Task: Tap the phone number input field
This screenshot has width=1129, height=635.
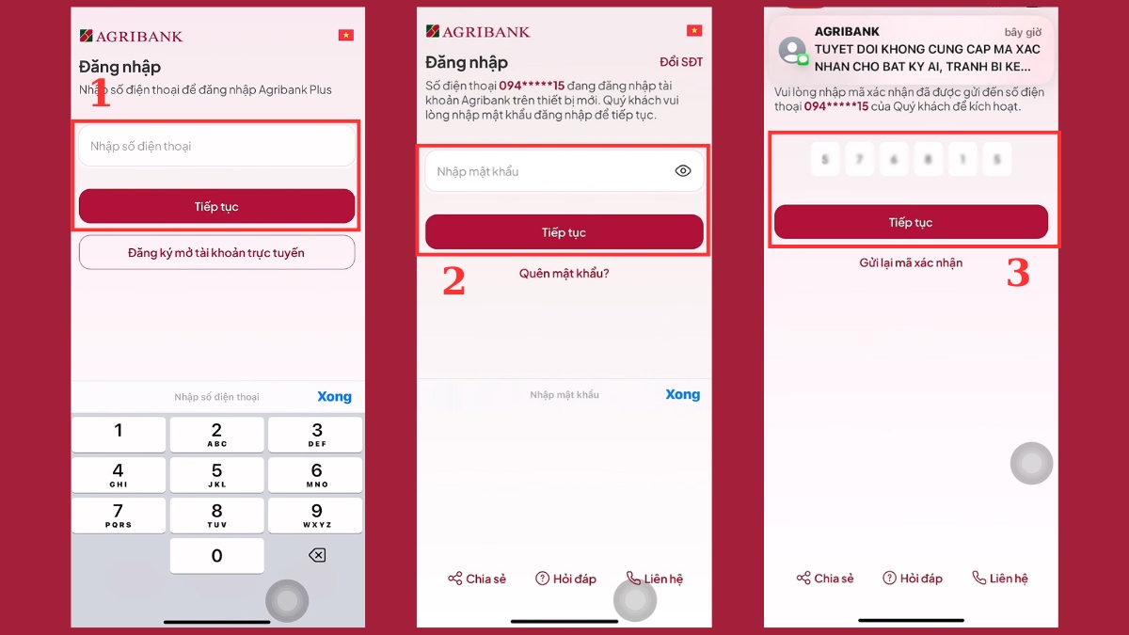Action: point(216,146)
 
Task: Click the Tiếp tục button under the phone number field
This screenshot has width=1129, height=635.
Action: point(216,206)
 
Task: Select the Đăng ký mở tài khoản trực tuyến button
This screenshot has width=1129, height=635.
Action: point(216,252)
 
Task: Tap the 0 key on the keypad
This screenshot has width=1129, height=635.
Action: point(216,556)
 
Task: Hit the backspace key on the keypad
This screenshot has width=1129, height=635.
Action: point(317,556)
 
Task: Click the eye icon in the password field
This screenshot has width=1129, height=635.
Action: point(684,171)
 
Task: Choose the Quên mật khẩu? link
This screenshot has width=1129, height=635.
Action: point(564,274)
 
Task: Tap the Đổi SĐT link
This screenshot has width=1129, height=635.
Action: point(681,62)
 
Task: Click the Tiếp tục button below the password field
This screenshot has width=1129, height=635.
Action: point(564,232)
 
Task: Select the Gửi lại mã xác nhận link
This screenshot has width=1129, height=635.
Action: point(911,262)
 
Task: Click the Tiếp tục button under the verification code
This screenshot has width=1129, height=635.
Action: point(911,222)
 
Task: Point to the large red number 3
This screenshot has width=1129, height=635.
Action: point(1018,273)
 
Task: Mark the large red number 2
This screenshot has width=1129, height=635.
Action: point(453,281)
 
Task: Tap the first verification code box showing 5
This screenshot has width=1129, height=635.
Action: point(825,160)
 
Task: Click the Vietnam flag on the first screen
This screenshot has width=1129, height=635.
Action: point(345,35)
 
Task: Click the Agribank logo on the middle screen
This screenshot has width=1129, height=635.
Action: point(478,31)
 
